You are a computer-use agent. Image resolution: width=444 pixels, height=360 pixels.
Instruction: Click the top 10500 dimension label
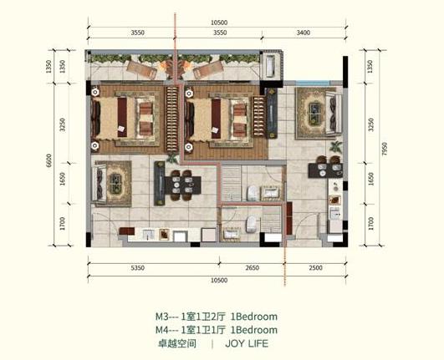click(x=219, y=23)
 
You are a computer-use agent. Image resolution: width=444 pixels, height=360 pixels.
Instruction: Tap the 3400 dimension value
click(x=304, y=33)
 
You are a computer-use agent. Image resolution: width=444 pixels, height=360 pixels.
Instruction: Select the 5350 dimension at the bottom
click(x=138, y=268)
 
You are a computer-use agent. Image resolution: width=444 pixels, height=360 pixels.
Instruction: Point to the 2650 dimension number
click(x=252, y=268)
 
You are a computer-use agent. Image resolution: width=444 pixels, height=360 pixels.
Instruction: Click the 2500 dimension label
click(x=315, y=268)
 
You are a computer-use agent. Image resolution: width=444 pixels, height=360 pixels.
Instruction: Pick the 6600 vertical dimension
click(x=49, y=160)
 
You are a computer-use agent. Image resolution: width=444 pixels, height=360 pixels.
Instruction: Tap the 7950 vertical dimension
click(x=385, y=149)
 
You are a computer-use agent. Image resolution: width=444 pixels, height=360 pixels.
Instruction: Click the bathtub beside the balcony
click(x=270, y=66)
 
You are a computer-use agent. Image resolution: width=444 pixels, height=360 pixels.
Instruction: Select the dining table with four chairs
click(x=183, y=185)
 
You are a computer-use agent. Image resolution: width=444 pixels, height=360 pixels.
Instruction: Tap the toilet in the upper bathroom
click(x=252, y=193)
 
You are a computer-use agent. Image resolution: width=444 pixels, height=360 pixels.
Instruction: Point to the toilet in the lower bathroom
click(x=251, y=225)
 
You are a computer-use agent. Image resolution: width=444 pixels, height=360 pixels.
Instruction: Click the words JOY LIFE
click(x=247, y=344)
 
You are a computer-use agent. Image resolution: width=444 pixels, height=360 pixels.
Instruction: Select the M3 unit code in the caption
click(x=162, y=317)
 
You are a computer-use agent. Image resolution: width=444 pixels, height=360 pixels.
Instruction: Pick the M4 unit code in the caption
click(x=162, y=330)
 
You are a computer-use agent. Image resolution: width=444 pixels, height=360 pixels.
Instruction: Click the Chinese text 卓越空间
click(x=177, y=344)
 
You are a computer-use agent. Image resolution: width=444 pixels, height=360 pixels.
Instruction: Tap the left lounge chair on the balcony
click(x=141, y=70)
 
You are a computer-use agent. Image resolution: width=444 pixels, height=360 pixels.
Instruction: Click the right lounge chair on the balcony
click(x=208, y=70)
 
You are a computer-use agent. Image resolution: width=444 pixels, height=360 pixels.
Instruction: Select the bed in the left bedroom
click(x=124, y=119)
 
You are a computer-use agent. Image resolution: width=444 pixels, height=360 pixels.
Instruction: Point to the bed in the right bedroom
click(x=217, y=119)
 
